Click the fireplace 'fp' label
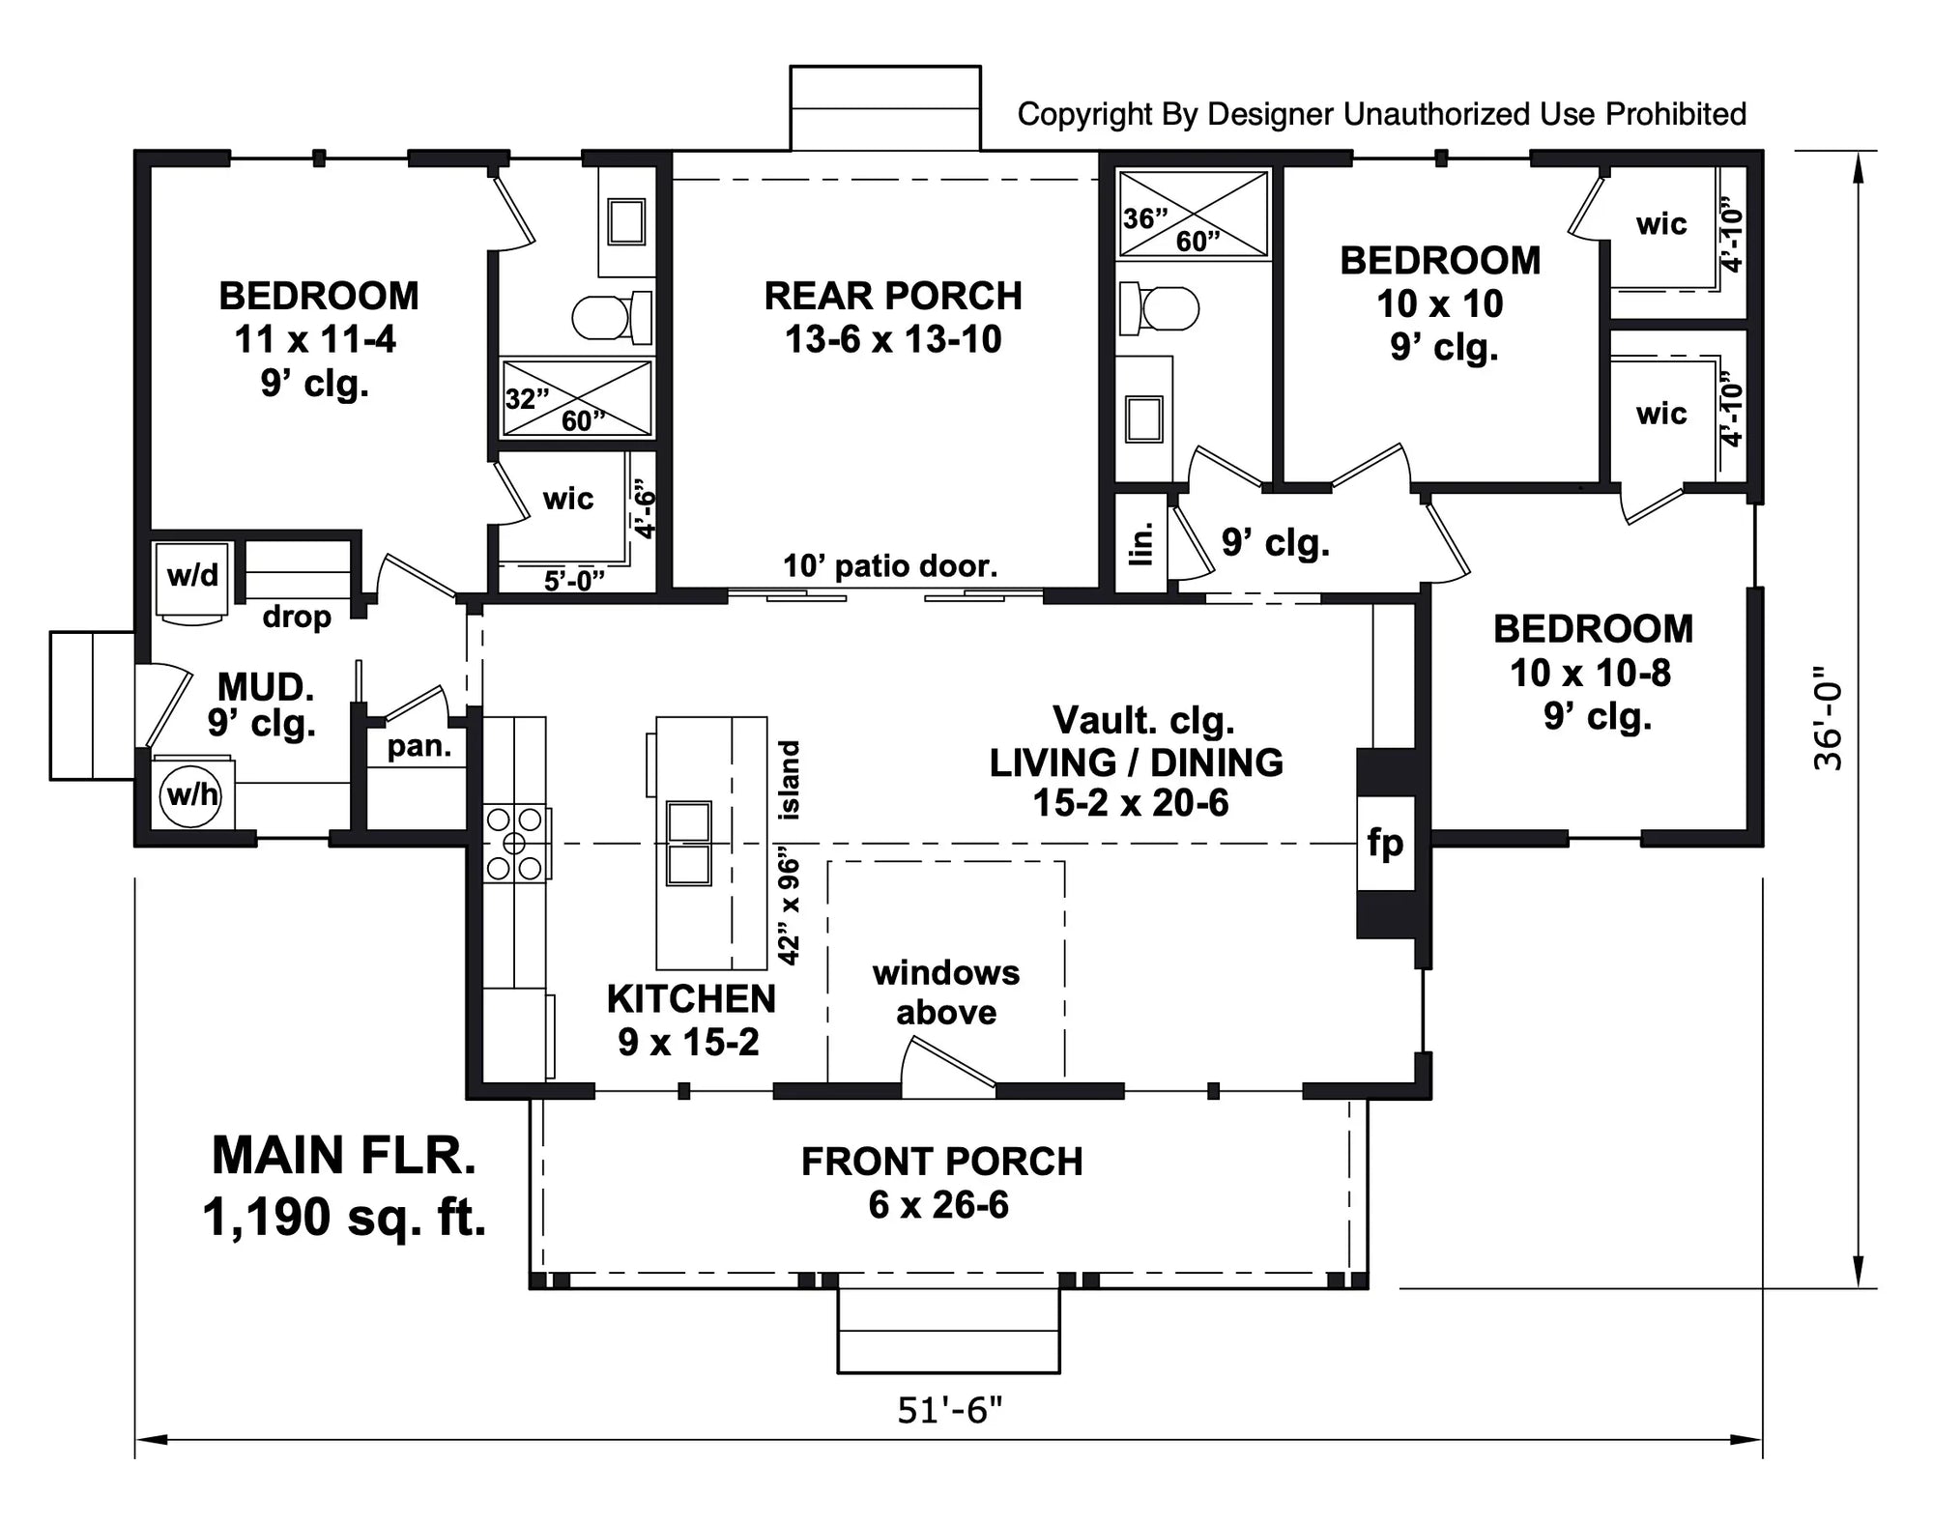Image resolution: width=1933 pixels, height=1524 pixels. (x=1385, y=843)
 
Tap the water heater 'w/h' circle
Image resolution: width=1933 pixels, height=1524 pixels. (x=191, y=795)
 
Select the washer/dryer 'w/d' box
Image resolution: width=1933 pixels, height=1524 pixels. (x=191, y=576)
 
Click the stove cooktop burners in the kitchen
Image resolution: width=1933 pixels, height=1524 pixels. (x=514, y=844)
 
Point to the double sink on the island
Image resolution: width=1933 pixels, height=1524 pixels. (x=689, y=843)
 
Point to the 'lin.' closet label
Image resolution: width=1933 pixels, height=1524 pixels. (x=1141, y=543)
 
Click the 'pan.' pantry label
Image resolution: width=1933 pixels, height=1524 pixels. (x=418, y=747)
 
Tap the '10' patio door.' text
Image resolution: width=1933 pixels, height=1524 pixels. (x=889, y=565)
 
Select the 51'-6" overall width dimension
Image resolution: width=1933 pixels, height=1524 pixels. (x=949, y=1411)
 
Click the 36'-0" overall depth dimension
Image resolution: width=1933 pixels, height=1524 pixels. (x=1827, y=718)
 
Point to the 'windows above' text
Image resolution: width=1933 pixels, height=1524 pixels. (x=945, y=992)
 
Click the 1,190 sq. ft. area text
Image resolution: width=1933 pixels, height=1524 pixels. (x=344, y=1217)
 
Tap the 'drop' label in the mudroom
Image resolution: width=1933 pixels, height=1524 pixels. (x=296, y=617)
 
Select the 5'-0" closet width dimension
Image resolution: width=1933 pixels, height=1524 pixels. (x=573, y=580)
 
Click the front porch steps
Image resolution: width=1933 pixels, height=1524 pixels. (x=948, y=1332)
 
